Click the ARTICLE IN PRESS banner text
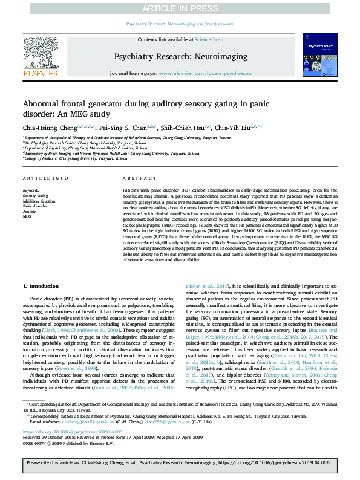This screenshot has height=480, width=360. (x=180, y=8)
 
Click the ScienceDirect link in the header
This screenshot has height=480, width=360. (x=209, y=39)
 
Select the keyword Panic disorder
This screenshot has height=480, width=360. (x=35, y=206)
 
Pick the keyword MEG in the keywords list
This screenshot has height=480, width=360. (x=27, y=216)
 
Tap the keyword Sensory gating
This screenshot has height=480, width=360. (x=35, y=196)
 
